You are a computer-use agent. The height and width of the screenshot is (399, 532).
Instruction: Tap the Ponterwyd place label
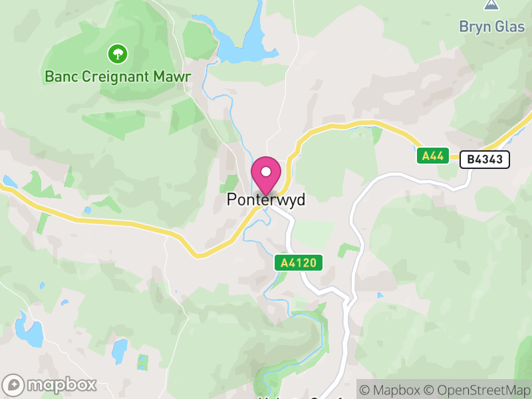tap(266, 199)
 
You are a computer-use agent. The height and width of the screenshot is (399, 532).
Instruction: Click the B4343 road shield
tap(485, 159)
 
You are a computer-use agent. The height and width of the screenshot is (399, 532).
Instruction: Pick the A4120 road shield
tap(299, 263)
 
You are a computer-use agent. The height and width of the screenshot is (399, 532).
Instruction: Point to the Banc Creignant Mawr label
tap(118, 76)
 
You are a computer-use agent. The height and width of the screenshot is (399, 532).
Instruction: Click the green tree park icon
tap(117, 53)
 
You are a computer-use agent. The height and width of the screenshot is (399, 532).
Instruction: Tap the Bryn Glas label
tap(491, 27)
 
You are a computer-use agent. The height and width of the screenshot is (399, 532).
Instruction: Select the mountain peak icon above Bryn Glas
tap(491, 4)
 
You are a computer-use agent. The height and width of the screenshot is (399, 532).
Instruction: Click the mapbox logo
tap(51, 385)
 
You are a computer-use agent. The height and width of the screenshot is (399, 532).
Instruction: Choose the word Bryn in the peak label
tap(475, 27)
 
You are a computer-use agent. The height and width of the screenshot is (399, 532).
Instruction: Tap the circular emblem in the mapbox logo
tap(14, 386)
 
